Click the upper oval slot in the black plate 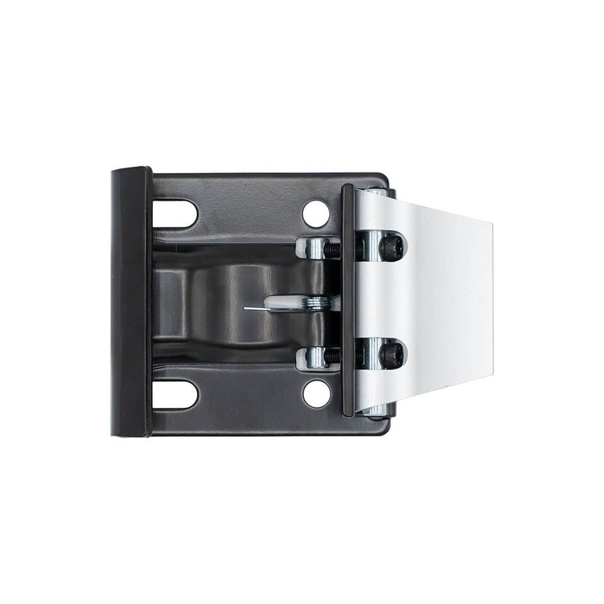pos(174,214)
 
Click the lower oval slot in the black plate pos(174,395)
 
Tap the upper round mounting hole pos(316,214)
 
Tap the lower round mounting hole pos(316,394)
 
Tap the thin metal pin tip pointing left pos(248,308)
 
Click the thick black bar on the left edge pos(130,302)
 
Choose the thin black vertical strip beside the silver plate pos(347,301)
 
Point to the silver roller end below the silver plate pos(376,413)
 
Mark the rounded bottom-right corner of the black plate pos(383,430)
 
